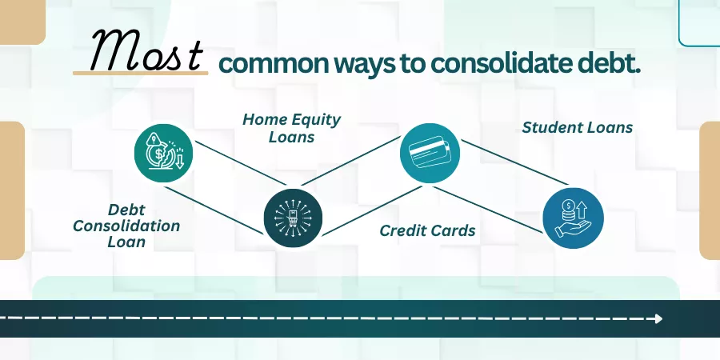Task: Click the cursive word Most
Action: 146,50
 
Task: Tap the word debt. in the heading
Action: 606,64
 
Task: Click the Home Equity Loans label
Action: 291,128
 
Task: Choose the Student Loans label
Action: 577,128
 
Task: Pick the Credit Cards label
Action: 427,230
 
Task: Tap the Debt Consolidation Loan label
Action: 126,226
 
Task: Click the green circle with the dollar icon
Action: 163,154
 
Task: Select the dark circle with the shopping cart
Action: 293,218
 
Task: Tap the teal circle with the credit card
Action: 430,153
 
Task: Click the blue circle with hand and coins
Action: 573,218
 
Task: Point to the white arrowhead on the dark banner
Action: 659,318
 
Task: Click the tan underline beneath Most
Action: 141,73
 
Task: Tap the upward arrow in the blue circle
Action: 582,210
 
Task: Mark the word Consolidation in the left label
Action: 126,226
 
